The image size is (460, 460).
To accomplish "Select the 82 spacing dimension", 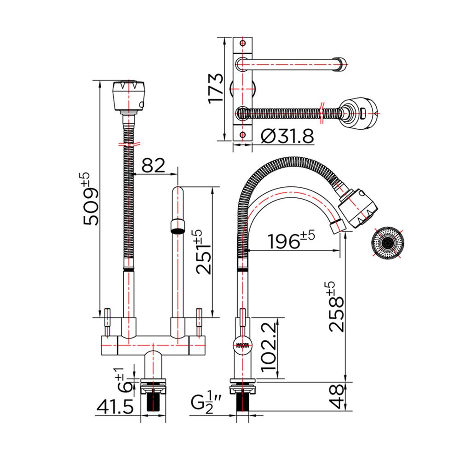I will [x=153, y=166].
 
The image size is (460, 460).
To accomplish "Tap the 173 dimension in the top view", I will [x=217, y=88].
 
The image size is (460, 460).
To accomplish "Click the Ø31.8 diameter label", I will [x=287, y=137].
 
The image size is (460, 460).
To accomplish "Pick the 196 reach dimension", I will [x=290, y=241].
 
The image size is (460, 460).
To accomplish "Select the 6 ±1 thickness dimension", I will [x=121, y=379].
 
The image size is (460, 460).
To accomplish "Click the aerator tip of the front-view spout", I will [x=178, y=226].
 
